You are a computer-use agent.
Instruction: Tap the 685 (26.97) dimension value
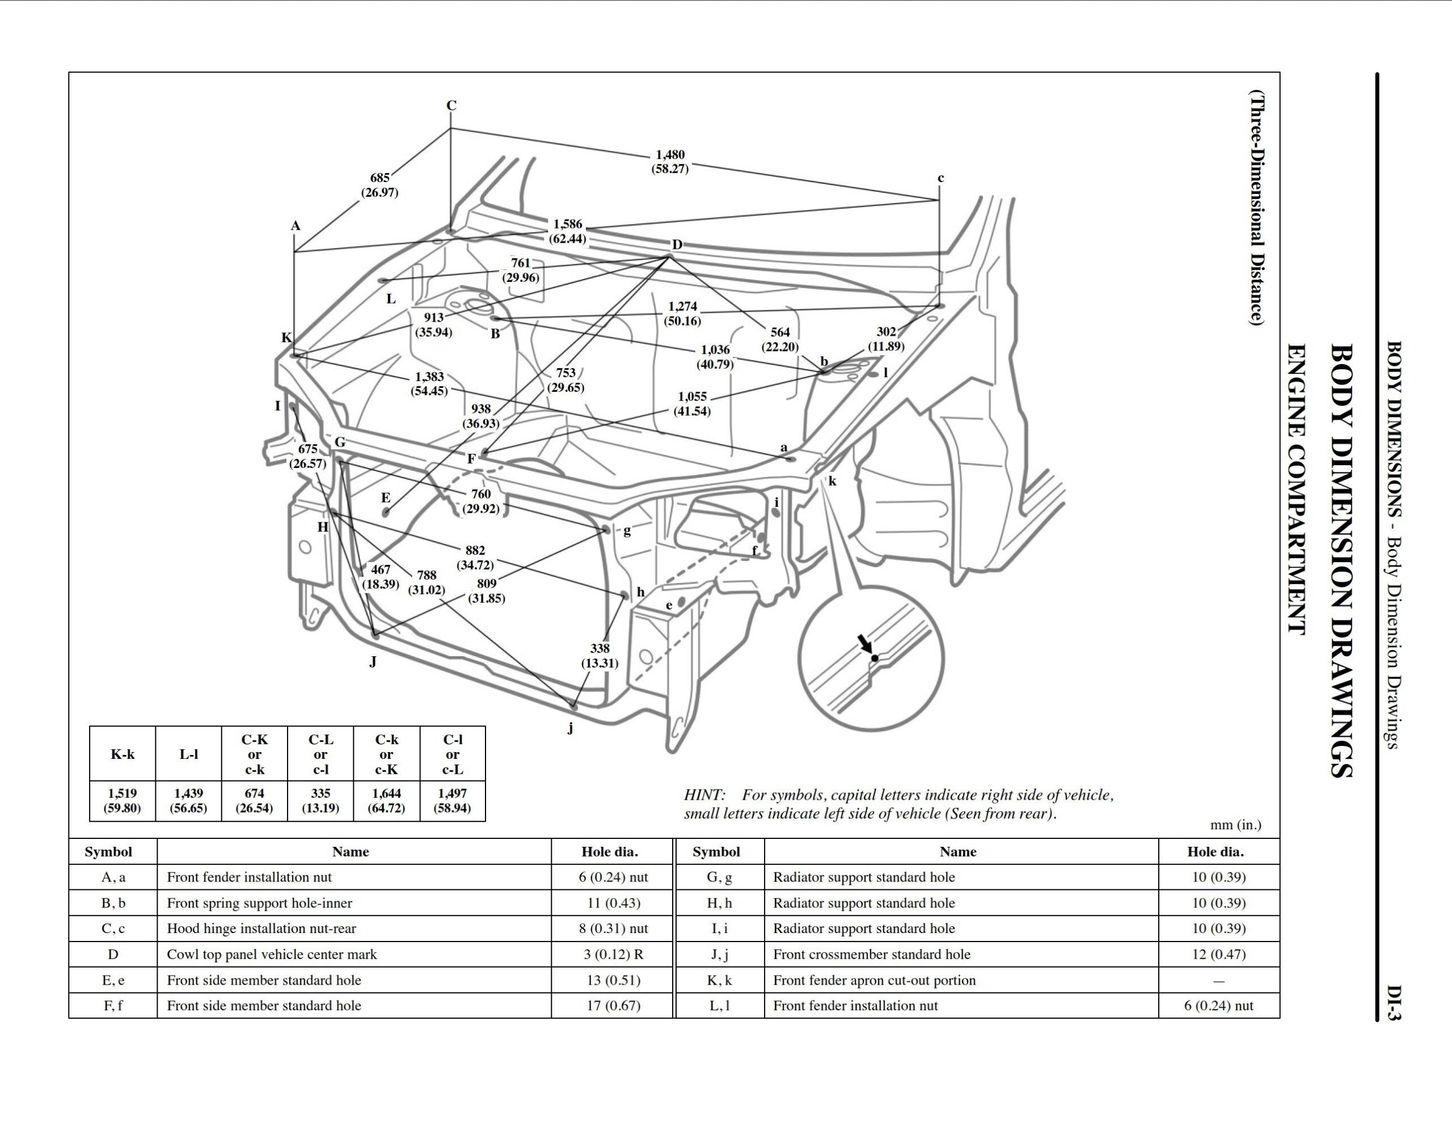[379, 185]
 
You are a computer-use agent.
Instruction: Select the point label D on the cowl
[677, 244]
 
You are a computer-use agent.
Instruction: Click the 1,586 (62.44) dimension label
[567, 231]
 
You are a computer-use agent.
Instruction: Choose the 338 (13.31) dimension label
[600, 656]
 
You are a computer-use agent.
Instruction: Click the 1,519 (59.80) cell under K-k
[123, 800]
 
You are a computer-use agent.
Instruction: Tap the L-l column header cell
[188, 754]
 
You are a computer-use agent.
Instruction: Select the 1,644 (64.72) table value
[386, 800]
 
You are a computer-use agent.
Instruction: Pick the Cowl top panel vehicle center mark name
[271, 954]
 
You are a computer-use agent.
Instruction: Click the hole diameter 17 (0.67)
[613, 1005]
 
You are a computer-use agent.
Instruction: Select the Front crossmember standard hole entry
[872, 954]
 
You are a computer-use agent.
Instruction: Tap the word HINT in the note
[704, 795]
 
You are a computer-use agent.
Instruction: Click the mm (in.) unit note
[1235, 825]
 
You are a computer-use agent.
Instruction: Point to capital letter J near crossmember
[373, 661]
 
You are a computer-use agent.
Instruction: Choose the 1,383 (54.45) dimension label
[429, 383]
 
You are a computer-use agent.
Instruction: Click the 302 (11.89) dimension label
[885, 339]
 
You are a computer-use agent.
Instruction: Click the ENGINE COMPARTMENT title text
[1296, 489]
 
